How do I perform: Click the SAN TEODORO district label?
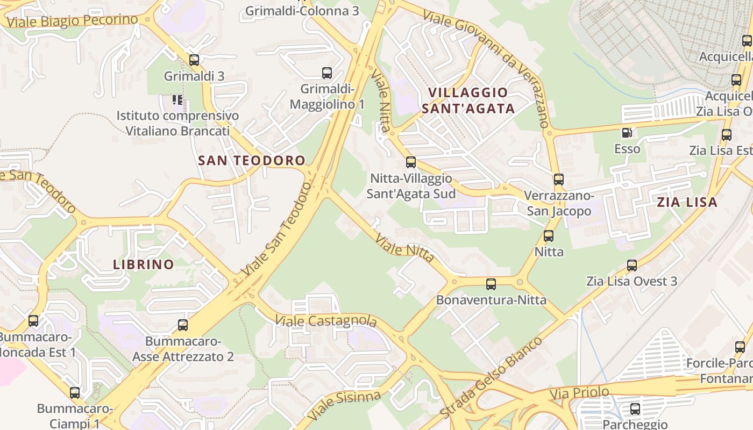click(x=252, y=160)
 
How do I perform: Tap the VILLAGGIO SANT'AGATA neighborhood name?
click(x=468, y=101)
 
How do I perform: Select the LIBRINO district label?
click(x=144, y=264)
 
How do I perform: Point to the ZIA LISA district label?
click(x=687, y=202)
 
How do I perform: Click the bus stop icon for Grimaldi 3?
click(x=194, y=60)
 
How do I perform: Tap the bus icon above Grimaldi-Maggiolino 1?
click(x=326, y=73)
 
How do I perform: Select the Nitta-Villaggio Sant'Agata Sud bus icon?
click(x=411, y=162)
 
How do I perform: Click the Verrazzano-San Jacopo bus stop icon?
click(x=559, y=180)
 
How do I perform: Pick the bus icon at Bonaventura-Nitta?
click(x=491, y=284)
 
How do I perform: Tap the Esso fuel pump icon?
click(x=627, y=132)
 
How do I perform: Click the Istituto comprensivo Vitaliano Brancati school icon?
click(x=177, y=99)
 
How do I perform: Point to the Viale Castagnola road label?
click(x=325, y=321)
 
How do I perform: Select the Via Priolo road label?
click(x=579, y=393)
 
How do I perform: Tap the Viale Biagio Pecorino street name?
click(x=73, y=21)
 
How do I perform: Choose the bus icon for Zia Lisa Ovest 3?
click(x=632, y=265)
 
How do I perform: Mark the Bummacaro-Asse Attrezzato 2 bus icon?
click(x=183, y=325)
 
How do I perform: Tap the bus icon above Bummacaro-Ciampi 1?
click(x=75, y=393)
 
